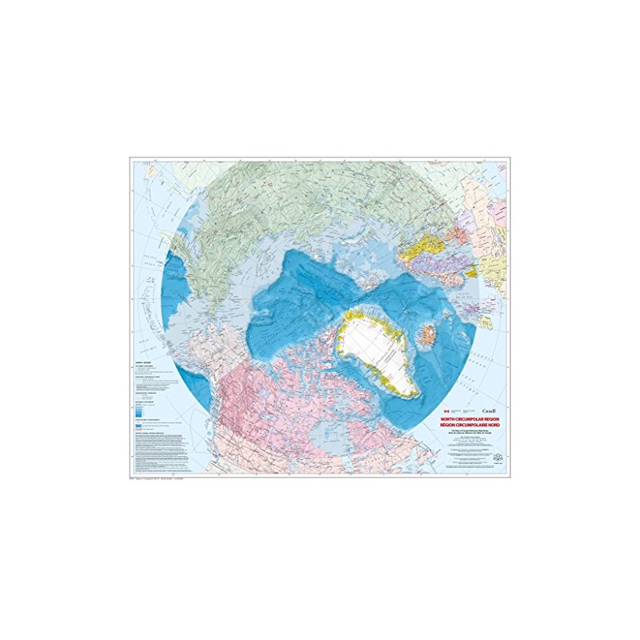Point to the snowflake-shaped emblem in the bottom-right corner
497,458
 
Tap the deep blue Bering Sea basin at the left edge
171,288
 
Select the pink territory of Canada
264,400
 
